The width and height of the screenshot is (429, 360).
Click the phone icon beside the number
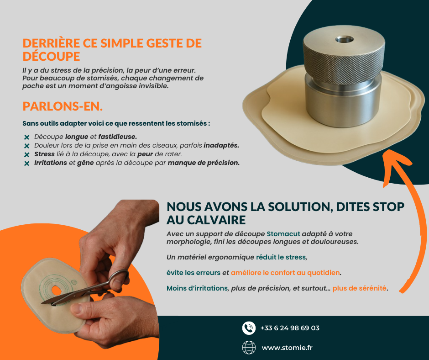[x=249, y=328]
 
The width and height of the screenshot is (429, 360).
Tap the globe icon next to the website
[x=249, y=348]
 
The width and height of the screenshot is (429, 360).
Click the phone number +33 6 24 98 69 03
[x=290, y=328]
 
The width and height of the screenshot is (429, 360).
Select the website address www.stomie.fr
[x=287, y=348]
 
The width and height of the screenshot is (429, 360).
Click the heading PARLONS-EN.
[x=63, y=106]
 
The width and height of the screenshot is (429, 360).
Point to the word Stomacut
[x=283, y=234]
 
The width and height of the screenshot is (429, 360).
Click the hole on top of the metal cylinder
[x=344, y=39]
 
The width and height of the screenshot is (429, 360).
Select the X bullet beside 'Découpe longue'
[x=26, y=137]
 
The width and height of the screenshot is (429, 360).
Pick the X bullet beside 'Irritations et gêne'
[x=26, y=163]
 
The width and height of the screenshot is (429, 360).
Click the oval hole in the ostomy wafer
[x=57, y=290]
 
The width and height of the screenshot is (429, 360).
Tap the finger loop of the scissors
[x=120, y=277]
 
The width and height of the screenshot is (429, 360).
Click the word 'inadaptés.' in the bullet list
[x=221, y=145]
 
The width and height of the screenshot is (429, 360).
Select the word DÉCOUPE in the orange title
[x=51, y=57]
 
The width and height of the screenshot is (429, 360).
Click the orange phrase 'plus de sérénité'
[x=359, y=288]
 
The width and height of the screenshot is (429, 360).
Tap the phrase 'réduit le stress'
[x=281, y=257]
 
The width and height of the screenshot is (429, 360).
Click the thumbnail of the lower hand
[x=76, y=308]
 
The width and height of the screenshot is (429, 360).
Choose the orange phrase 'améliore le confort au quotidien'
[x=285, y=273]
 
